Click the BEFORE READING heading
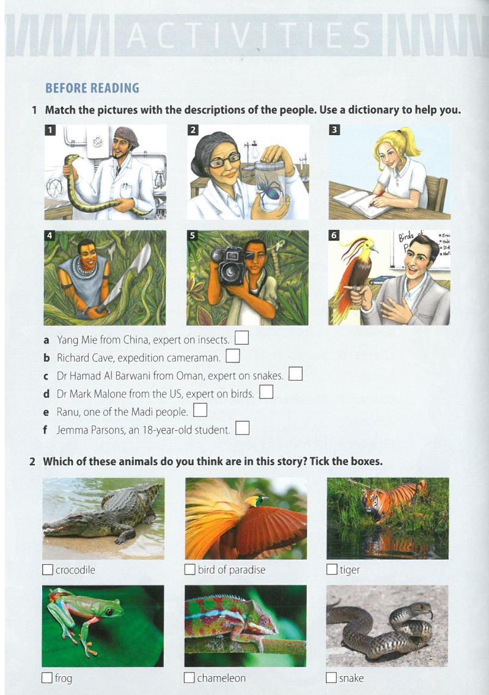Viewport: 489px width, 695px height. (x=92, y=88)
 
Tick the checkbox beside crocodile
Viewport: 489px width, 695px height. (x=48, y=570)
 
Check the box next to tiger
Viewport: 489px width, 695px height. (x=332, y=569)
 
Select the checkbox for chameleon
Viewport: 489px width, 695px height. (x=189, y=678)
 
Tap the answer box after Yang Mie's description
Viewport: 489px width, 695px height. (x=241, y=338)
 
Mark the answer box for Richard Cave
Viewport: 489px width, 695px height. (x=233, y=356)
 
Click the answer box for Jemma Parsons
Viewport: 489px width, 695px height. (x=242, y=428)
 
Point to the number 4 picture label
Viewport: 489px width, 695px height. (x=50, y=235)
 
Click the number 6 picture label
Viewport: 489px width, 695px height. (x=334, y=235)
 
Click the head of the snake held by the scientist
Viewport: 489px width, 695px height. (x=74, y=158)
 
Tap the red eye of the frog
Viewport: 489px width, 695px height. (x=109, y=612)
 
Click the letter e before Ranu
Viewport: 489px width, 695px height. (x=46, y=413)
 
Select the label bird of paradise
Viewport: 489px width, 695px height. (x=232, y=570)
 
